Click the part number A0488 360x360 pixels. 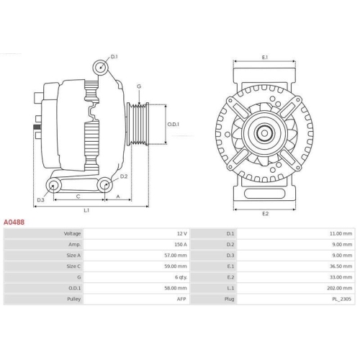pyautogui.click(x=14, y=223)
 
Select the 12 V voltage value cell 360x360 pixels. pyautogui.click(x=181, y=234)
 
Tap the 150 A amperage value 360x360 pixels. pyautogui.click(x=179, y=245)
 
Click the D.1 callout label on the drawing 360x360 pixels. pyautogui.click(x=114, y=55)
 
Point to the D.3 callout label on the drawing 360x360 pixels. pyautogui.click(x=40, y=199)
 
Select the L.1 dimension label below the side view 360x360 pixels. pyautogui.click(x=86, y=210)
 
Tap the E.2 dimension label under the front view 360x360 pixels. pyautogui.click(x=265, y=214)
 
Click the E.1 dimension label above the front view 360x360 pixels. pyautogui.click(x=265, y=57)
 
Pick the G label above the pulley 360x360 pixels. pyautogui.click(x=138, y=86)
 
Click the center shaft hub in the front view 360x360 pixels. pyautogui.click(x=265, y=132)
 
